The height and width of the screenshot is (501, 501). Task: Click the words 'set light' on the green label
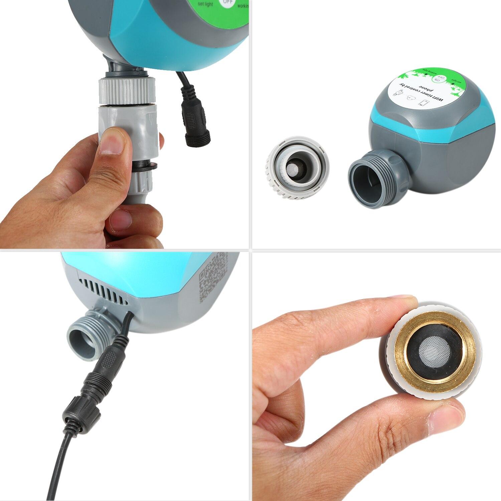click(x=205, y=4)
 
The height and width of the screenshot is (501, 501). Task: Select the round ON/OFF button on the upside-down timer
click(x=439, y=79)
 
